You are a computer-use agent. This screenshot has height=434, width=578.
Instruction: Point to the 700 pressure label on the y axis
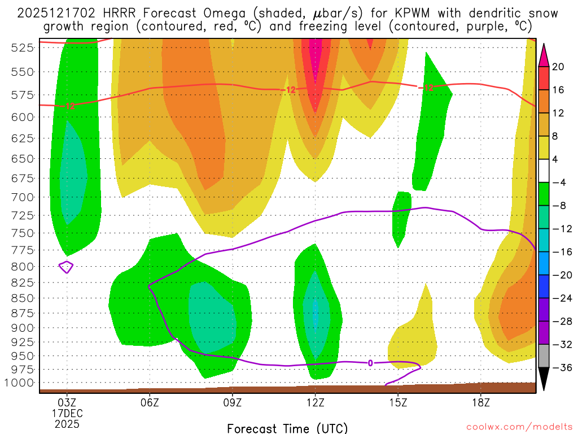tap(23, 197)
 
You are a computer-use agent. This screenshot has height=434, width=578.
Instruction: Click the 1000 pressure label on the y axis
tap(21, 383)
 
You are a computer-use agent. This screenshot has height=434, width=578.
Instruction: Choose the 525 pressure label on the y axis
tap(23, 48)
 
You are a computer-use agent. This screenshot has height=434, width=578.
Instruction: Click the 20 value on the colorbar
tap(558, 67)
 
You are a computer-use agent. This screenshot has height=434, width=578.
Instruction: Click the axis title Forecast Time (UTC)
tap(287, 428)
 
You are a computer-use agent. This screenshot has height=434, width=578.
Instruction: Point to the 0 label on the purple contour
tap(370, 363)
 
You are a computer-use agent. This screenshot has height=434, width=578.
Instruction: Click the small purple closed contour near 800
tap(67, 267)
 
